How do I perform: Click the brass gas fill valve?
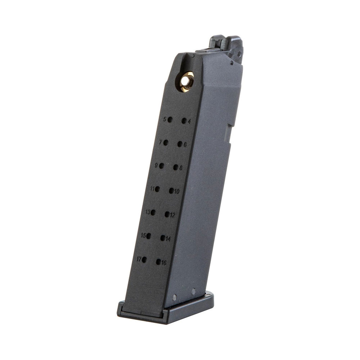coord(186,81)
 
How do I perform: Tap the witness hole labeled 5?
coord(170,120)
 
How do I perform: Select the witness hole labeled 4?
coord(184,121)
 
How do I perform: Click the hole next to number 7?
coord(166,143)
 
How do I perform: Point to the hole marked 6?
coord(180,144)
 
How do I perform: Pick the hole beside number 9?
coord(161,166)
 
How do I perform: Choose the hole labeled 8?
coord(176,167)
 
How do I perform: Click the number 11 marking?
coord(152,189)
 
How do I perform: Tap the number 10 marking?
coord(176,191)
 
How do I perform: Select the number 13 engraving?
coord(148,212)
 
